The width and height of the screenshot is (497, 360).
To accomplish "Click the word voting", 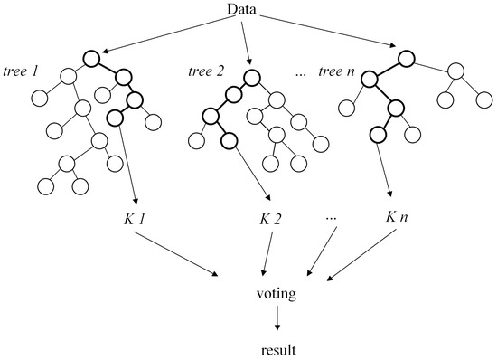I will pyautogui.click(x=277, y=294).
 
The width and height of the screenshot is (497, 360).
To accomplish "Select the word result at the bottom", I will pyautogui.click(x=277, y=347).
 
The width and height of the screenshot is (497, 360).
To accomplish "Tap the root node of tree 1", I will pyautogui.click(x=90, y=60).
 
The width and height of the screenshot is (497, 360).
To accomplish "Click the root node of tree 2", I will pyautogui.click(x=248, y=71).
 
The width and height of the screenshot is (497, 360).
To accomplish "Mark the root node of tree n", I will pyautogui.click(x=406, y=60).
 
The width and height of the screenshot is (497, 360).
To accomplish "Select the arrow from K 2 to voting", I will pyautogui.click(x=266, y=253).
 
